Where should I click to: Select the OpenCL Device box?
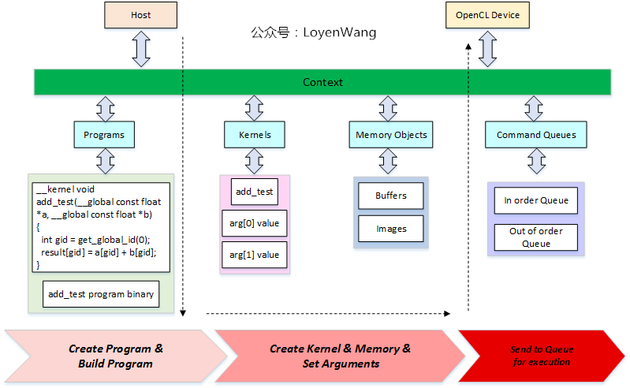tap(487, 15)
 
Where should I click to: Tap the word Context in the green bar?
tap(322, 82)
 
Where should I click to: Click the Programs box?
tap(104, 135)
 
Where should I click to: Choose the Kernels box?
tap(254, 135)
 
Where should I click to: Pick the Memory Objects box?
tap(391, 135)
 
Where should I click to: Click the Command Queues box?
tap(536, 135)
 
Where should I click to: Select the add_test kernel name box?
tap(254, 192)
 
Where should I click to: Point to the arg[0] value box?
tap(254, 224)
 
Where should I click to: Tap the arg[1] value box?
tap(254, 255)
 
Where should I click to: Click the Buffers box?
tap(391, 196)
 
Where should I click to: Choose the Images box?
tap(391, 229)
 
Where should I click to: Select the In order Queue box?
tap(536, 200)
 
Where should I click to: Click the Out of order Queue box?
tap(536, 237)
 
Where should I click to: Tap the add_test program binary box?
tap(101, 294)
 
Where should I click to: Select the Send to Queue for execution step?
tap(542, 356)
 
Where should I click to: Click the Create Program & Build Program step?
tap(115, 356)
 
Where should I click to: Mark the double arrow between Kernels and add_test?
tap(254, 162)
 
